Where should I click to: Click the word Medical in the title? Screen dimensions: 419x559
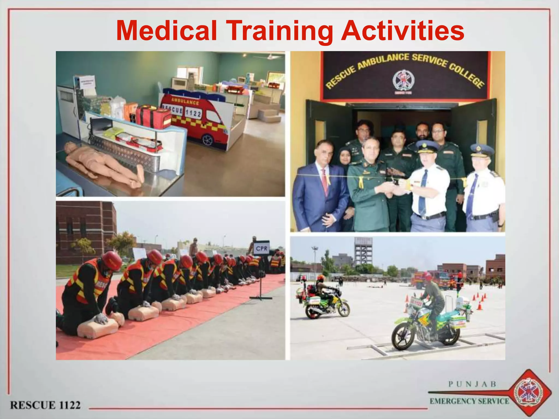click(x=166, y=31)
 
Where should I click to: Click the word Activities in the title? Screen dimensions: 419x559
click(x=403, y=31)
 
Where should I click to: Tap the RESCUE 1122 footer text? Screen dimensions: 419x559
click(x=45, y=405)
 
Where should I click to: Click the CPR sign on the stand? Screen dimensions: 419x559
click(x=261, y=248)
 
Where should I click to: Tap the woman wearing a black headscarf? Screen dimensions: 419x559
click(x=345, y=158)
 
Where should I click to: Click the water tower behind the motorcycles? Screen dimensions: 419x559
click(x=363, y=251)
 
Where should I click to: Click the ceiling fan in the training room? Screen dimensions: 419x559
click(x=269, y=56)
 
